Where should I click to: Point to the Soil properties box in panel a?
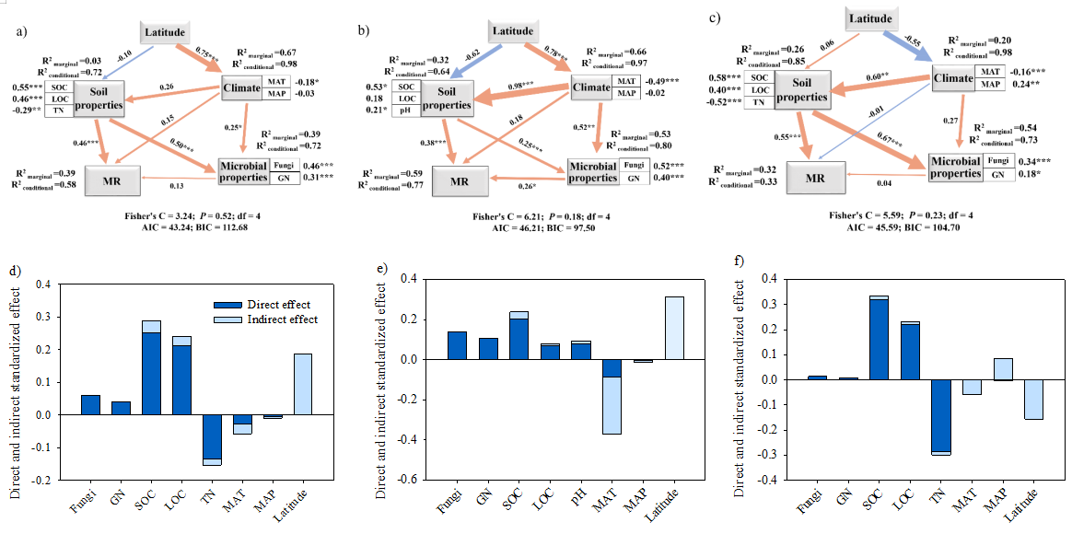[99, 99]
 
